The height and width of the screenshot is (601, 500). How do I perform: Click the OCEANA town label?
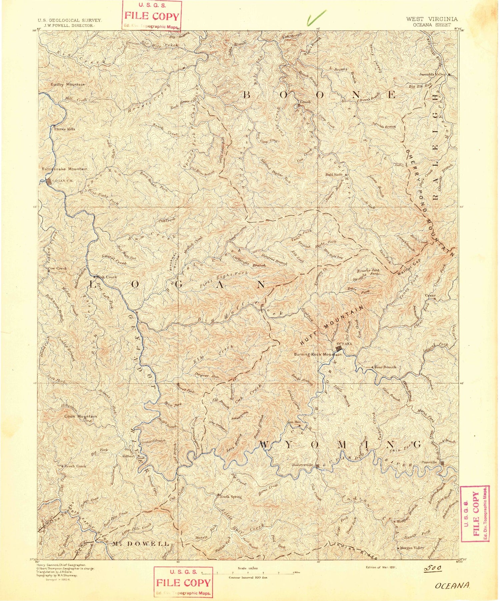pos(344,344)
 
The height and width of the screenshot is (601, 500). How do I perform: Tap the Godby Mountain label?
pos(67,85)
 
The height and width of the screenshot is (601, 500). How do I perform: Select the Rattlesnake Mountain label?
pos(64,169)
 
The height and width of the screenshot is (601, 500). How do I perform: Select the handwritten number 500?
pos(433,568)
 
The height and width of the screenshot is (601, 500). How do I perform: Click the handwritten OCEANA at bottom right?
pos(453,586)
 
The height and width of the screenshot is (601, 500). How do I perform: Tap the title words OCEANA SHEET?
pos(432,25)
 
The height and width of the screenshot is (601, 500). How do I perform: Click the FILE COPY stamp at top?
pos(152,15)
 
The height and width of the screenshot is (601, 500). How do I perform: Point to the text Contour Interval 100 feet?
pos(248,577)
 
